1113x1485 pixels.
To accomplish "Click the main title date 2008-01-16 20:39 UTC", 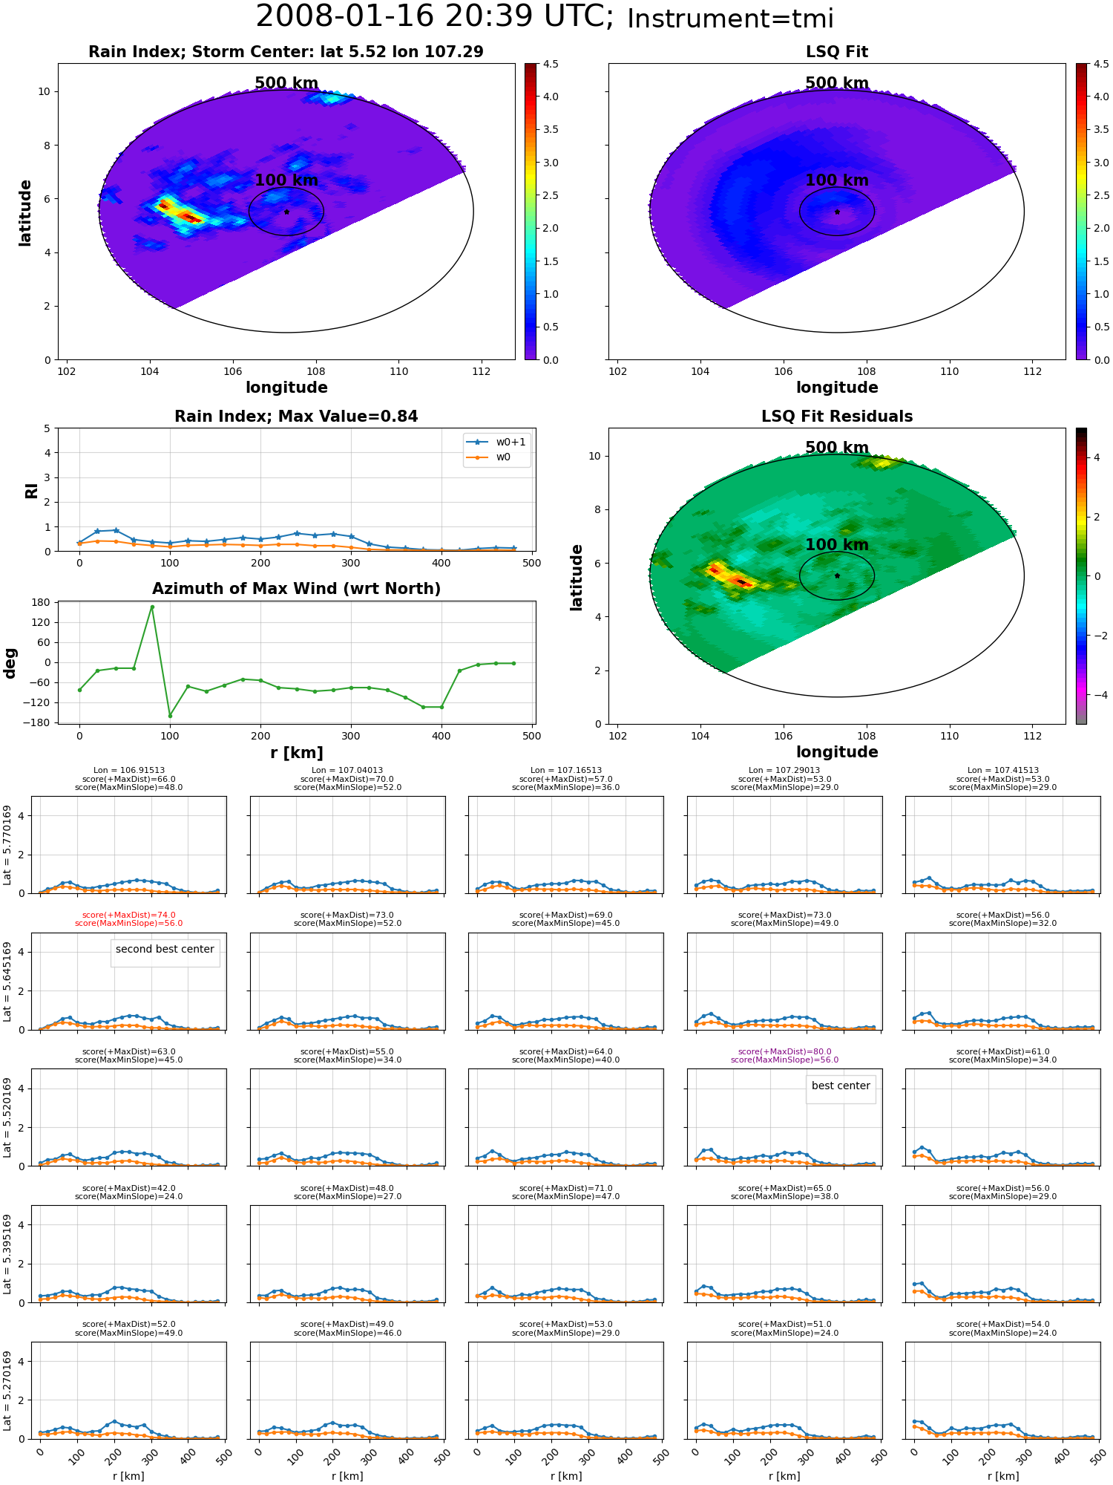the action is click(x=435, y=16).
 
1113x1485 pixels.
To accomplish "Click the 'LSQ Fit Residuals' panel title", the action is click(x=837, y=417).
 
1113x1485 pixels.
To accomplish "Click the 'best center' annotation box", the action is click(x=841, y=1086).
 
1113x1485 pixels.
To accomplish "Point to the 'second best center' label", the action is click(x=165, y=949).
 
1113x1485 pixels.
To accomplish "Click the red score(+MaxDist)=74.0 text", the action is click(x=129, y=915).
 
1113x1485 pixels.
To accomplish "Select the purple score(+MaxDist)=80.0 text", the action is click(x=784, y=1051).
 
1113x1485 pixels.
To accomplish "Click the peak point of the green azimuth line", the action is click(x=152, y=607).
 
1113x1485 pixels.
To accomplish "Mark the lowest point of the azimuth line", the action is click(x=170, y=716).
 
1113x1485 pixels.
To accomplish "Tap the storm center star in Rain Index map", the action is click(x=286, y=212).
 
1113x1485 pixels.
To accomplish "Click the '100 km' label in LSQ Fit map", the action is click(x=837, y=180).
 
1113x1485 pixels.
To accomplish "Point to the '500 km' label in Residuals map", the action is click(x=837, y=448).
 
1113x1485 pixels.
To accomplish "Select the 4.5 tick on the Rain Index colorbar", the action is click(x=551, y=64).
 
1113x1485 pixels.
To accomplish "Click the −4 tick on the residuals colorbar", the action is click(x=1097, y=695).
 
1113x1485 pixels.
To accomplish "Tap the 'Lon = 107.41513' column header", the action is click(x=1003, y=771).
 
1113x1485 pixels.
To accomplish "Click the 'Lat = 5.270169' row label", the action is click(x=7, y=1391).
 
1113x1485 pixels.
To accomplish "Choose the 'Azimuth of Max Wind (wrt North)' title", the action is click(x=297, y=589).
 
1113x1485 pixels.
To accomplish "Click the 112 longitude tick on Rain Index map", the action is click(x=481, y=371).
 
